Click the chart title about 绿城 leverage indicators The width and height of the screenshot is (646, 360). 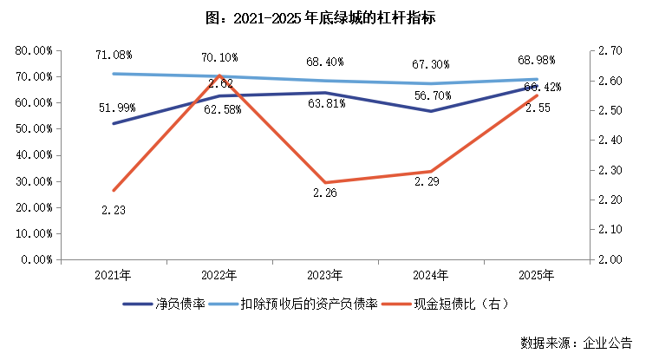click(x=323, y=16)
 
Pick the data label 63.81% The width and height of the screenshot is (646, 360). click(x=326, y=103)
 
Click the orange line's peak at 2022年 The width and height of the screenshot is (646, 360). click(x=219, y=75)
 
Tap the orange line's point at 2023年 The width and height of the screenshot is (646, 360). click(x=325, y=182)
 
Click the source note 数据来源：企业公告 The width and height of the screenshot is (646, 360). click(x=576, y=342)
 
